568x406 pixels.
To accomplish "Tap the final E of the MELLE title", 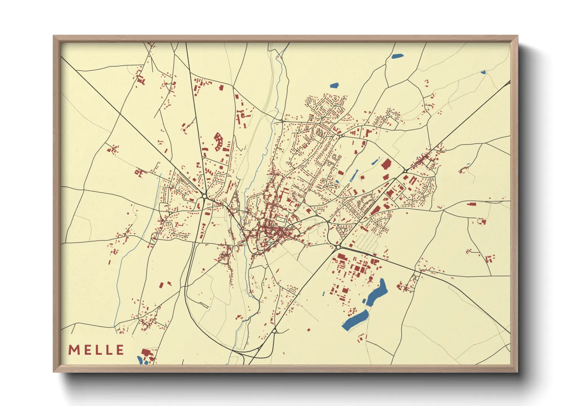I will (x=120, y=350).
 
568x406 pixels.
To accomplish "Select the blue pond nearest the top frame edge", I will (x=397, y=56).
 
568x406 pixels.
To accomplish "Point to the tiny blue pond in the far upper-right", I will (x=483, y=72).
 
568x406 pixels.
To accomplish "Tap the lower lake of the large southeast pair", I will (x=355, y=320).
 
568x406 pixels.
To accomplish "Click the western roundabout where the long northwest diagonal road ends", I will (x=204, y=196).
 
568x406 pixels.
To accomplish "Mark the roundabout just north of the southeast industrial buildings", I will (x=338, y=247).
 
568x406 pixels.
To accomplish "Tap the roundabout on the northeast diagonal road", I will (x=405, y=170).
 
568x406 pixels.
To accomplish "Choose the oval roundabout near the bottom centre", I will (x=275, y=331).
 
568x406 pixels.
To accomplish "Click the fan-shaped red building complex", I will (x=219, y=141).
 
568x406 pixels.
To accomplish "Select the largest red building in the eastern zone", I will (x=385, y=164).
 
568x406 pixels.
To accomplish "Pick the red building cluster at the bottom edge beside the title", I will (x=147, y=353).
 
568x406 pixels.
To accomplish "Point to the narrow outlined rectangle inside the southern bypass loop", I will (x=203, y=305).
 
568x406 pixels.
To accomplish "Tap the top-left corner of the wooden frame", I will (x=54, y=36).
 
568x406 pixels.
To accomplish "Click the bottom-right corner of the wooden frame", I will (x=517, y=372).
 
